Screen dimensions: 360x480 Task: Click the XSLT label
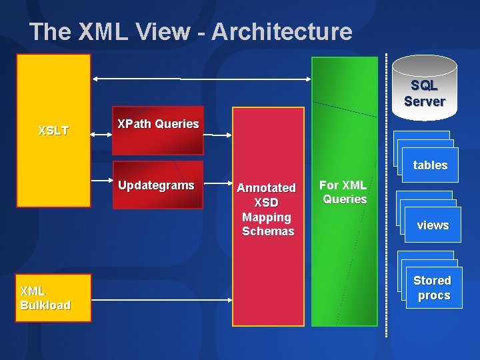[x=53, y=131]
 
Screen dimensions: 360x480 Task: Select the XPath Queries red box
[x=158, y=131]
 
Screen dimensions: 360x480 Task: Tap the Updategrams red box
[x=157, y=185]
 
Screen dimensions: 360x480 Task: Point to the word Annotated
[x=267, y=188]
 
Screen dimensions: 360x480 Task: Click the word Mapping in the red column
[x=267, y=217]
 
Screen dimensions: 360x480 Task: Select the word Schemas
[x=268, y=231]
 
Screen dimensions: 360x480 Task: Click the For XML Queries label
[x=343, y=192]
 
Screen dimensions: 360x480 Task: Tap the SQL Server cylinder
[x=424, y=87]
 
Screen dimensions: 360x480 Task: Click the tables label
[x=430, y=165]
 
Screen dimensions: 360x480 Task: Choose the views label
[x=433, y=225]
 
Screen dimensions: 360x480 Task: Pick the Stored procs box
[x=432, y=287]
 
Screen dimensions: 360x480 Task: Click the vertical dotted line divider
[x=387, y=200]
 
